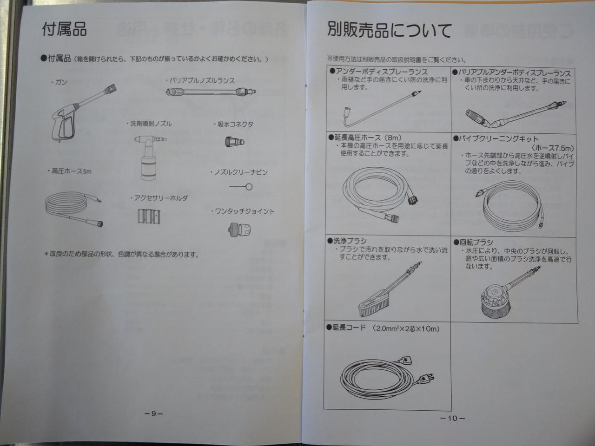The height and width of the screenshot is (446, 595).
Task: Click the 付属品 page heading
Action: [x=64, y=29]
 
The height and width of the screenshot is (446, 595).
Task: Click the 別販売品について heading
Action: [x=390, y=30]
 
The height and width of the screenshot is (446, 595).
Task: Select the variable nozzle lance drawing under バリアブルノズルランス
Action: [x=211, y=92]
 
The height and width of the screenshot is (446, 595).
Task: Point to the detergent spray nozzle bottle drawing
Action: [x=149, y=157]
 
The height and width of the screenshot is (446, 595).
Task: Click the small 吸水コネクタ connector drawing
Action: [x=235, y=142]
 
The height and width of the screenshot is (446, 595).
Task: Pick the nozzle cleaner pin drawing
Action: [x=241, y=187]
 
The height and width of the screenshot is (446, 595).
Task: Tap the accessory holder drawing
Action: [x=149, y=216]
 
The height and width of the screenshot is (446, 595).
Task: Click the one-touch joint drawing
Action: [x=239, y=230]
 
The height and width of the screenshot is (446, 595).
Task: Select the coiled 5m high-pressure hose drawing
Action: [x=74, y=210]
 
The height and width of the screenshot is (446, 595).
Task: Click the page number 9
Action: [x=154, y=414]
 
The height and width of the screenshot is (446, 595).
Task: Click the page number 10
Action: [x=452, y=419]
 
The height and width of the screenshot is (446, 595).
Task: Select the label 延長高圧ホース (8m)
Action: [x=365, y=138]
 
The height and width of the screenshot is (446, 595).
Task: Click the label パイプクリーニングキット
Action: [x=496, y=139]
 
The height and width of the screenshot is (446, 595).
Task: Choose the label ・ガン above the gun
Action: [x=59, y=82]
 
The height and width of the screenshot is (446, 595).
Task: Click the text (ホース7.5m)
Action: [x=553, y=148]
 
